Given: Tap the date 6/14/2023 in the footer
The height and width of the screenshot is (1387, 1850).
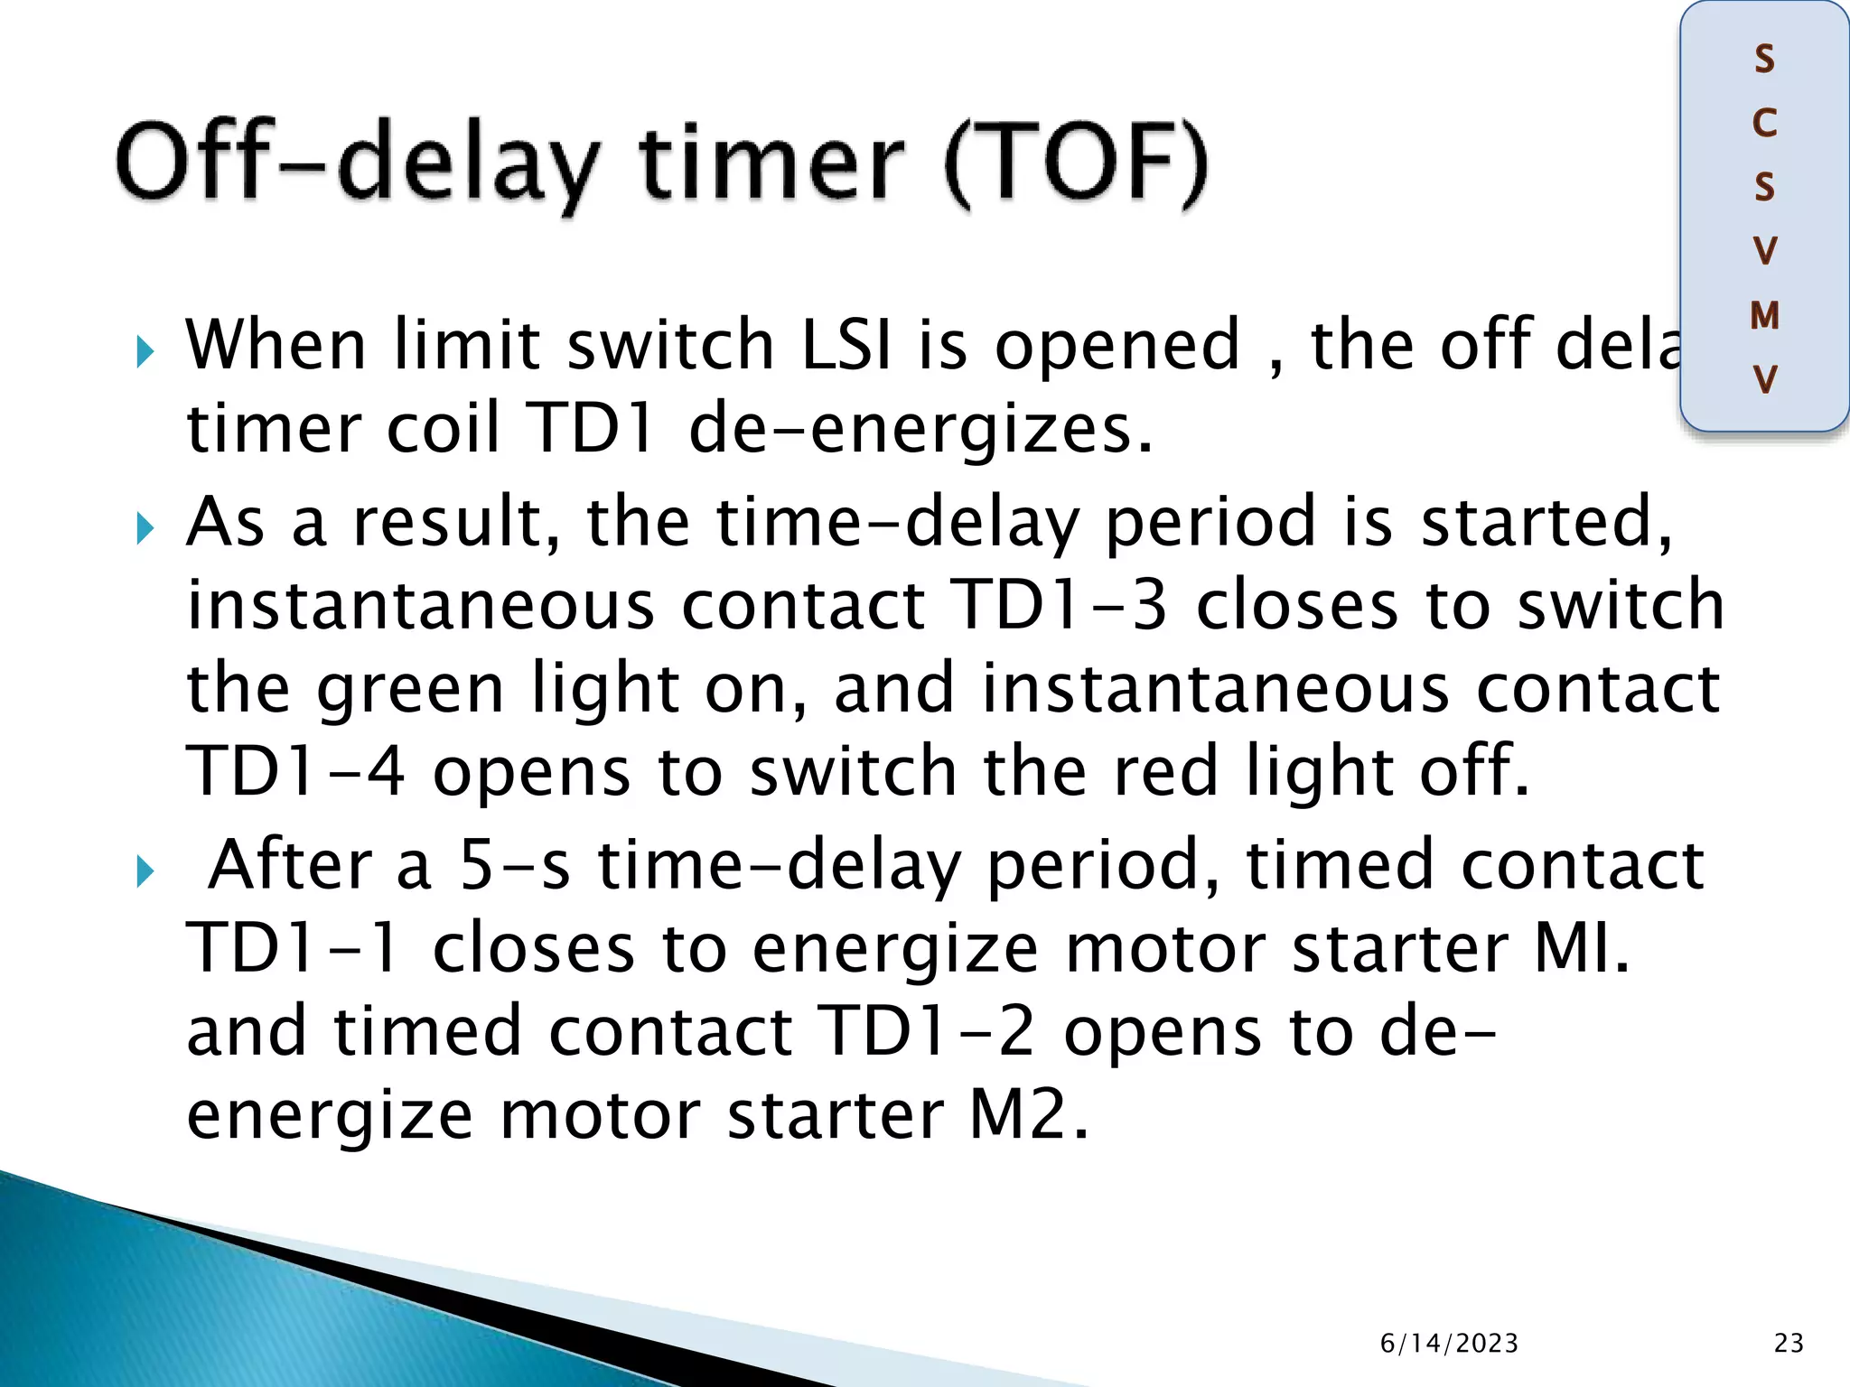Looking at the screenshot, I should [x=1449, y=1343].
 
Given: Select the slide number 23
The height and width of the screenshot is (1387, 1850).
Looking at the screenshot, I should [x=1789, y=1343].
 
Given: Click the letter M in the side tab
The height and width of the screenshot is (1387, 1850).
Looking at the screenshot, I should [x=1764, y=315].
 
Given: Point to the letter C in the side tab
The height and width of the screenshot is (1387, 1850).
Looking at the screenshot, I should [x=1764, y=124].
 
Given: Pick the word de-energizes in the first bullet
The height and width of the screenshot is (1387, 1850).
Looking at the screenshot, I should [x=920, y=429].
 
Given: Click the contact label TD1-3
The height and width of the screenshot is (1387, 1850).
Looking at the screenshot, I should [x=1060, y=605].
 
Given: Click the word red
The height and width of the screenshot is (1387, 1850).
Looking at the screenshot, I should [x=1165, y=772].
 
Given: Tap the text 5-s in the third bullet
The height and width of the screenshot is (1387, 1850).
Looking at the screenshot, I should [x=515, y=865].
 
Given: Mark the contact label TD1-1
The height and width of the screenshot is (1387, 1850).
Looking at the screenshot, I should [x=294, y=948].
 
